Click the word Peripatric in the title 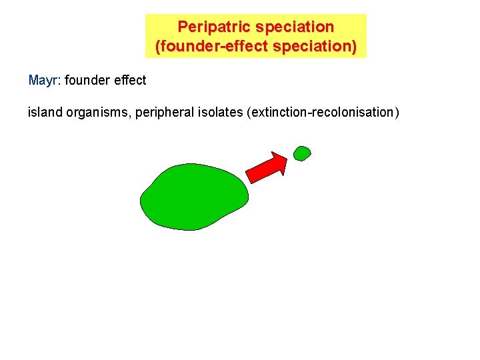213,27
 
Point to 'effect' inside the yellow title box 235,47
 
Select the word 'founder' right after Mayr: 88,81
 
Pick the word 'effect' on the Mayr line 131,81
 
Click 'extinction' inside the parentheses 279,112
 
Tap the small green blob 302,153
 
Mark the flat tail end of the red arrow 251,176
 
